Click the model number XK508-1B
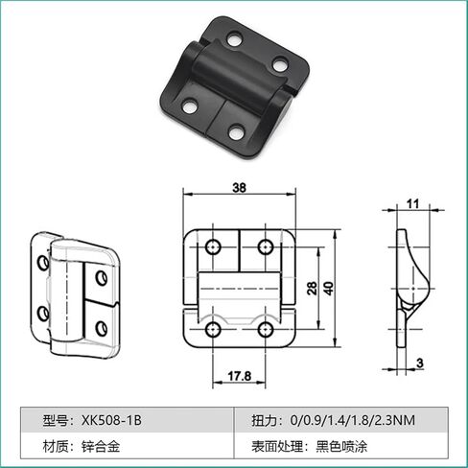[x=112, y=420]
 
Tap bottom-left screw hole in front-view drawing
[x=212, y=331]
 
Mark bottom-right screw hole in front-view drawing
[x=265, y=331]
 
